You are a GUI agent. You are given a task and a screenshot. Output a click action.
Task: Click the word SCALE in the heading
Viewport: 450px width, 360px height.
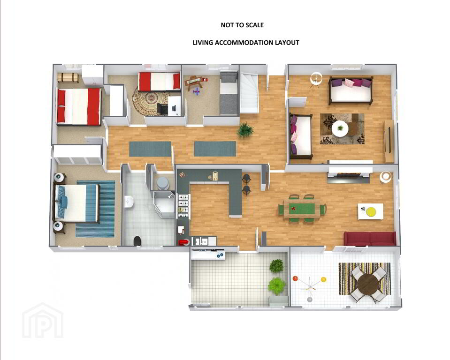[x=254, y=25]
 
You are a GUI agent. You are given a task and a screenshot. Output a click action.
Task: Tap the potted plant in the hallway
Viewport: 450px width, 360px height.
[x=245, y=129]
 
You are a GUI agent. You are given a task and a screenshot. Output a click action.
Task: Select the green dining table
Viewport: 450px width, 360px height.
[x=301, y=209]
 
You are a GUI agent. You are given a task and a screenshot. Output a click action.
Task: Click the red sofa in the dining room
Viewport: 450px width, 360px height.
[x=370, y=239]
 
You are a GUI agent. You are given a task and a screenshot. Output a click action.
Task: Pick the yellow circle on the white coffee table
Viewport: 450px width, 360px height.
[x=371, y=211]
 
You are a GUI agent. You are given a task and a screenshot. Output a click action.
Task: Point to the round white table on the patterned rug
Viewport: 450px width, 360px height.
[x=340, y=129]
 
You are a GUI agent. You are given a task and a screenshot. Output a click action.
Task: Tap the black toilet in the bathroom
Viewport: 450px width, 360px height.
[x=137, y=241]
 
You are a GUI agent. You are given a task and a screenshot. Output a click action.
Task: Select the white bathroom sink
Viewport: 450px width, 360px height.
[x=129, y=201]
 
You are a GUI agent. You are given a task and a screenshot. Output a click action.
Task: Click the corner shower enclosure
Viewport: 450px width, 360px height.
[x=164, y=205]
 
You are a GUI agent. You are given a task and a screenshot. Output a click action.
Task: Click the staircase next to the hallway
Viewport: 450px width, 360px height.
[x=249, y=93]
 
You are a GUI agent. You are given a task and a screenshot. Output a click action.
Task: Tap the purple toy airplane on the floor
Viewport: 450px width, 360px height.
[x=196, y=92]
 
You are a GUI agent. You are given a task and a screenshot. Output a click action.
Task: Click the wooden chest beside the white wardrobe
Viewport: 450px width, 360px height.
[x=68, y=78]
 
